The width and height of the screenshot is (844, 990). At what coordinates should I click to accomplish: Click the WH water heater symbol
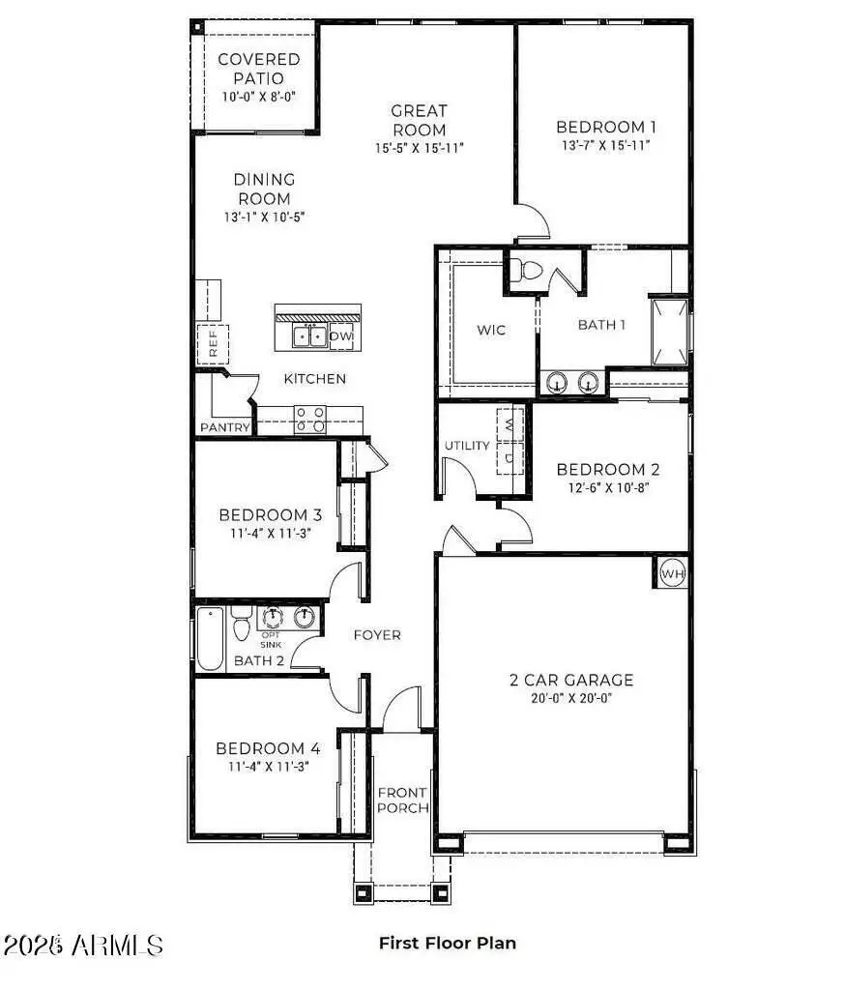[x=672, y=573]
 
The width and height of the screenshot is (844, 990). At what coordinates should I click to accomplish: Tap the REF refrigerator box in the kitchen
[x=214, y=343]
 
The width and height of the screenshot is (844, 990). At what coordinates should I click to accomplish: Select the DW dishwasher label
[x=341, y=336]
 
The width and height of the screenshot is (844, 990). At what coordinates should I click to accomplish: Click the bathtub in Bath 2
[x=210, y=638]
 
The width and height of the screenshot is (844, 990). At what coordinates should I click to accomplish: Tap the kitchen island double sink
[x=309, y=336]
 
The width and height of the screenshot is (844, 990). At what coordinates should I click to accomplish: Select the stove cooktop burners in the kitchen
[x=310, y=419]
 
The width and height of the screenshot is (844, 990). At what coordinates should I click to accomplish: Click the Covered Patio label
[x=258, y=69]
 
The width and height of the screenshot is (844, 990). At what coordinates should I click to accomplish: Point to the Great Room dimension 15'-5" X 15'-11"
[x=419, y=149]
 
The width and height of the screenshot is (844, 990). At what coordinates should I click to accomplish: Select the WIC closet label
[x=491, y=330]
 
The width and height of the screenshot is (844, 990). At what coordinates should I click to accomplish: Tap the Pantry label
[x=224, y=427]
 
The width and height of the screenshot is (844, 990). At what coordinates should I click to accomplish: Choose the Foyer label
[x=376, y=635]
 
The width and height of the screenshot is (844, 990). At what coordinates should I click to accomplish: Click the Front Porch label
[x=402, y=800]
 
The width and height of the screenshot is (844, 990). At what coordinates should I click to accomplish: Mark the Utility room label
[x=467, y=446]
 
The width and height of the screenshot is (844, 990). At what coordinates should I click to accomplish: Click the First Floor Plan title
[x=447, y=943]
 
